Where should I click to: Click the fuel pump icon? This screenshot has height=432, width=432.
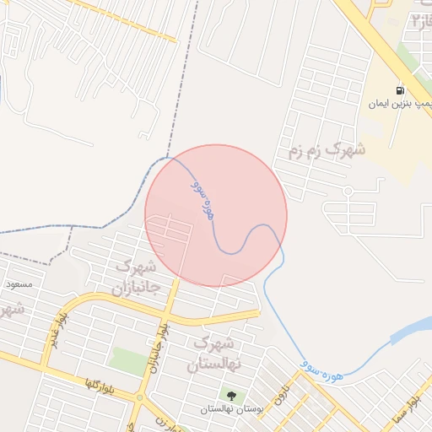pyautogui.click(x=399, y=89)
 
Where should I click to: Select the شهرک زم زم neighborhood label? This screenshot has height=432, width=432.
pyautogui.click(x=327, y=152)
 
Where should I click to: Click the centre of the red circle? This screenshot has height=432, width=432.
pyautogui.click(x=216, y=215)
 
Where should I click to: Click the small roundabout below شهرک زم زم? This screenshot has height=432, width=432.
pyautogui.click(x=347, y=192)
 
